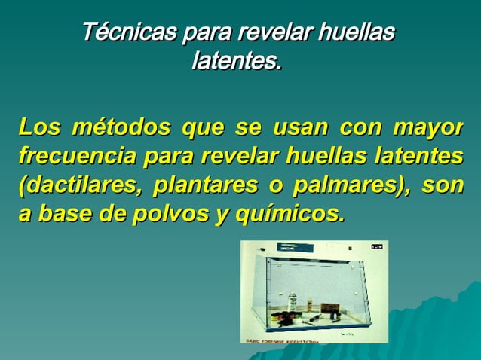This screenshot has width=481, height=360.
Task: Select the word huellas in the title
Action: coord(357,33)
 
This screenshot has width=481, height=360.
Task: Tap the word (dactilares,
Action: coord(80,185)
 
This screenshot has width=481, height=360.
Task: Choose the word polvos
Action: coord(170,213)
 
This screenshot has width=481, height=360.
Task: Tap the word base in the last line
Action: coord(65,213)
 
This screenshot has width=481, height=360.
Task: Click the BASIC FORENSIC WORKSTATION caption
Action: coord(283,340)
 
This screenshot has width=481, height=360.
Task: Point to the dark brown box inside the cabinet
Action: coord(330,309)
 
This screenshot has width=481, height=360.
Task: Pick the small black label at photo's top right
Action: coord(377,247)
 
